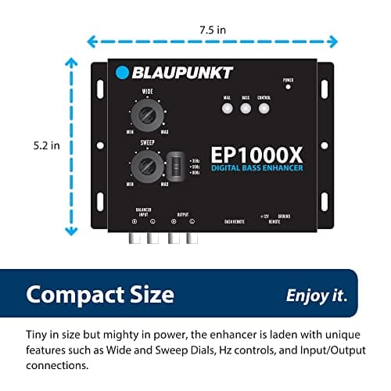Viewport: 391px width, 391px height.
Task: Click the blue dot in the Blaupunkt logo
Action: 122,74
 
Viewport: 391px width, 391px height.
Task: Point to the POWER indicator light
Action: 287,86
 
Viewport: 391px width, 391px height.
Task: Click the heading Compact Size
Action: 99,294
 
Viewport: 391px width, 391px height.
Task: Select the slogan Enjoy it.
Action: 317,295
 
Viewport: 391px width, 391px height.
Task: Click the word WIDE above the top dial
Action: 146,91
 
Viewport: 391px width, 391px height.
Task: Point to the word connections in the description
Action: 62,365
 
